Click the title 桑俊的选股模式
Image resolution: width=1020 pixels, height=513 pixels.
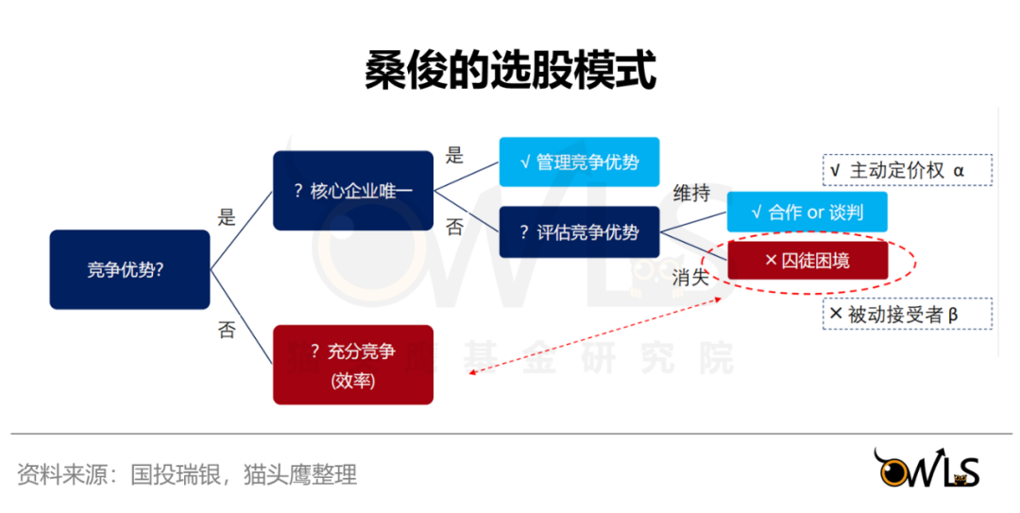tap(510, 70)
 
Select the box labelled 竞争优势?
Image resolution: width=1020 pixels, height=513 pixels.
tap(129, 269)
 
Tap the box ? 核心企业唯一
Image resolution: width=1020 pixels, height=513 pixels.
tap(353, 190)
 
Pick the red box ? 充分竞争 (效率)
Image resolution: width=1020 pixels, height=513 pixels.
tap(353, 365)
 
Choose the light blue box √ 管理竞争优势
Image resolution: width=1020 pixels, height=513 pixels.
tap(579, 162)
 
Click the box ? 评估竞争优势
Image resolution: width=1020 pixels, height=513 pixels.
tap(579, 231)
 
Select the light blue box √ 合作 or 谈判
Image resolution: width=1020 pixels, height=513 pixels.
tap(807, 212)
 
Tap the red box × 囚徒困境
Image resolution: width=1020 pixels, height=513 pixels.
tap(807, 260)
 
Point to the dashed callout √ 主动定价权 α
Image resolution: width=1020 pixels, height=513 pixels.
tap(907, 170)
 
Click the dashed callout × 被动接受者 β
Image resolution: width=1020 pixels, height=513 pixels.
tap(907, 315)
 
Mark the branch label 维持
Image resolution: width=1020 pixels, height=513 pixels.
tap(690, 194)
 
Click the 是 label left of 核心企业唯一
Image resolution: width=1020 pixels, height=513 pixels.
tap(227, 217)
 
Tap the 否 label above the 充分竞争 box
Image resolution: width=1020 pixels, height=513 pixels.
tap(227, 330)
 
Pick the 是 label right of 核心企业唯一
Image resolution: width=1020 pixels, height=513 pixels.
tap(454, 156)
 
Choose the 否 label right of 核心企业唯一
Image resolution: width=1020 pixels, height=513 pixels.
tap(454, 228)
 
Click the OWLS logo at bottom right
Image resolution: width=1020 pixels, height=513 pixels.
tap(926, 469)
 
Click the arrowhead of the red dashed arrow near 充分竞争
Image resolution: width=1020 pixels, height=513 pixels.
tap(471, 373)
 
